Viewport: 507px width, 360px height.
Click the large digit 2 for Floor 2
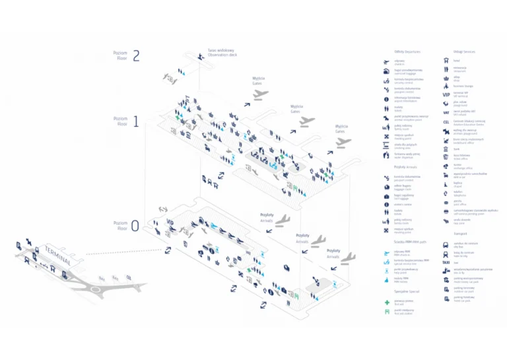(136, 55)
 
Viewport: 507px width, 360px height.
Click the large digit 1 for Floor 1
(136, 122)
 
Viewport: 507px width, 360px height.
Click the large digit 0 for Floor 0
(135, 226)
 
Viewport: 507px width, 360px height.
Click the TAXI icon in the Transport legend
(446, 262)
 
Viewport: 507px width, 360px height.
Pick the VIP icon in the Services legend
(446, 94)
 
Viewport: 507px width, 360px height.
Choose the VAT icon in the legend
(446, 112)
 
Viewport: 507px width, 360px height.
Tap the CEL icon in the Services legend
(446, 122)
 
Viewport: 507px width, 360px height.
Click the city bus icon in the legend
(446, 244)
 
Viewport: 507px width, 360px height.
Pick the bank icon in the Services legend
(446, 149)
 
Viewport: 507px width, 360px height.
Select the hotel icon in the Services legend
(446, 60)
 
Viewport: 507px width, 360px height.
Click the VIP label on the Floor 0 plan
(170, 222)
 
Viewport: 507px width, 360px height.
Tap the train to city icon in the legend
(446, 254)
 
